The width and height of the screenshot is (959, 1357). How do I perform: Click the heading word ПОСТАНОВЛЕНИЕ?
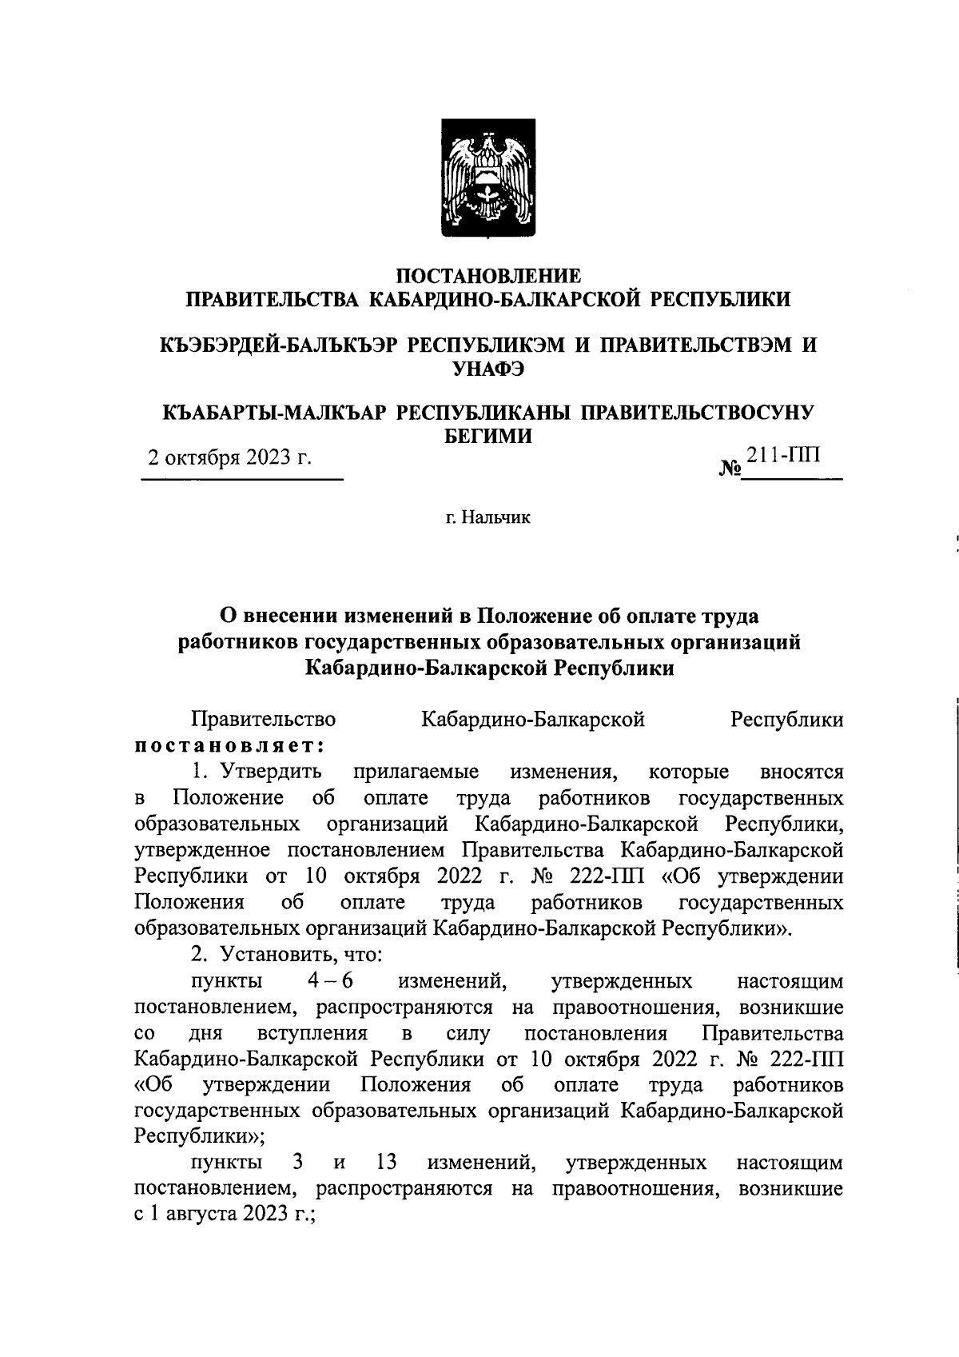[x=489, y=276]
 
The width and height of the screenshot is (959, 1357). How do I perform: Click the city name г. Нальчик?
[x=488, y=517]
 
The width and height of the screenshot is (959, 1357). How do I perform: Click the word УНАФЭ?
[x=488, y=368]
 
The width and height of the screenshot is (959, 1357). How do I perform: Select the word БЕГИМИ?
[x=488, y=436]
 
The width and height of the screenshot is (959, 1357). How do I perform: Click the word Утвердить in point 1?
[x=272, y=772]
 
